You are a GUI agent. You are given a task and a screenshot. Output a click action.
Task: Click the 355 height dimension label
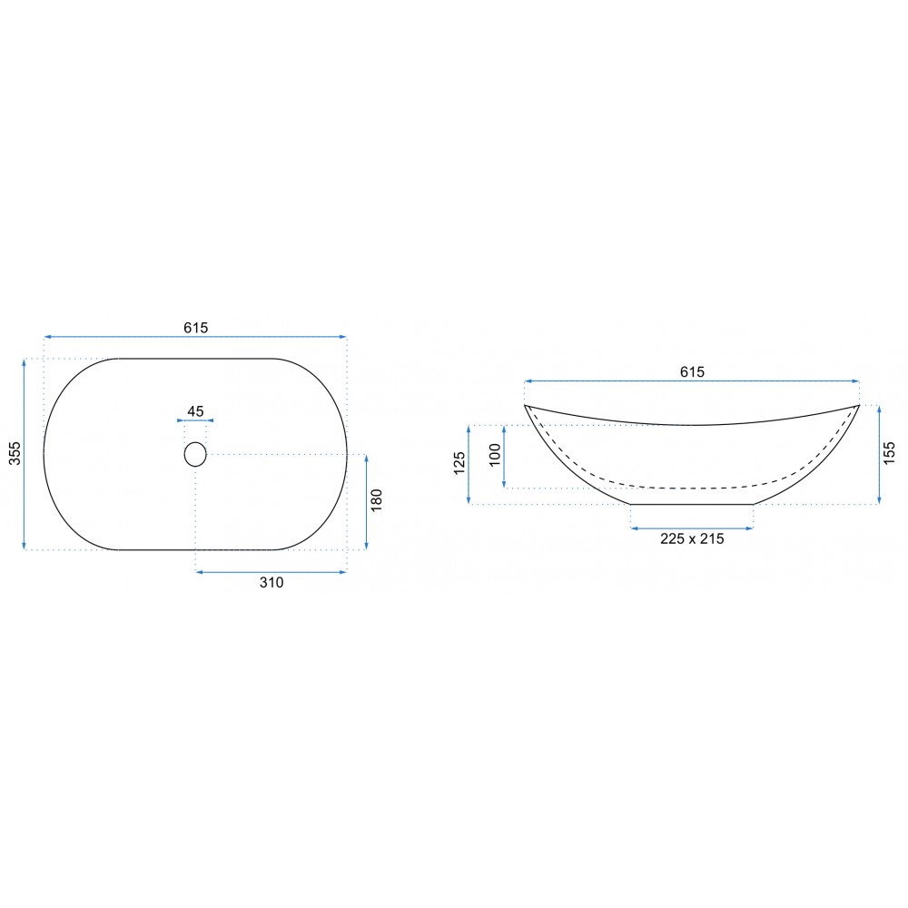[15, 453]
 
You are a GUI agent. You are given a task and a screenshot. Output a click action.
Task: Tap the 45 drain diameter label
[196, 411]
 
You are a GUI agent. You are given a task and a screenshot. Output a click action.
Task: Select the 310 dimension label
[271, 583]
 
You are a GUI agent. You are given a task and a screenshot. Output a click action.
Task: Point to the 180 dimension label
[377, 500]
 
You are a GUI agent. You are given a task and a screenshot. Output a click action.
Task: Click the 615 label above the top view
[196, 328]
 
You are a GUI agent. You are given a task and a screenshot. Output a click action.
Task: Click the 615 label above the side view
[692, 371]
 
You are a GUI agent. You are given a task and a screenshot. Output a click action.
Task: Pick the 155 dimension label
[890, 453]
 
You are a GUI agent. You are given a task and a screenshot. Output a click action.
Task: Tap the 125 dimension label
[459, 463]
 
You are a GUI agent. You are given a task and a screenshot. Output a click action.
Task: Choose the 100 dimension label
[495, 455]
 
